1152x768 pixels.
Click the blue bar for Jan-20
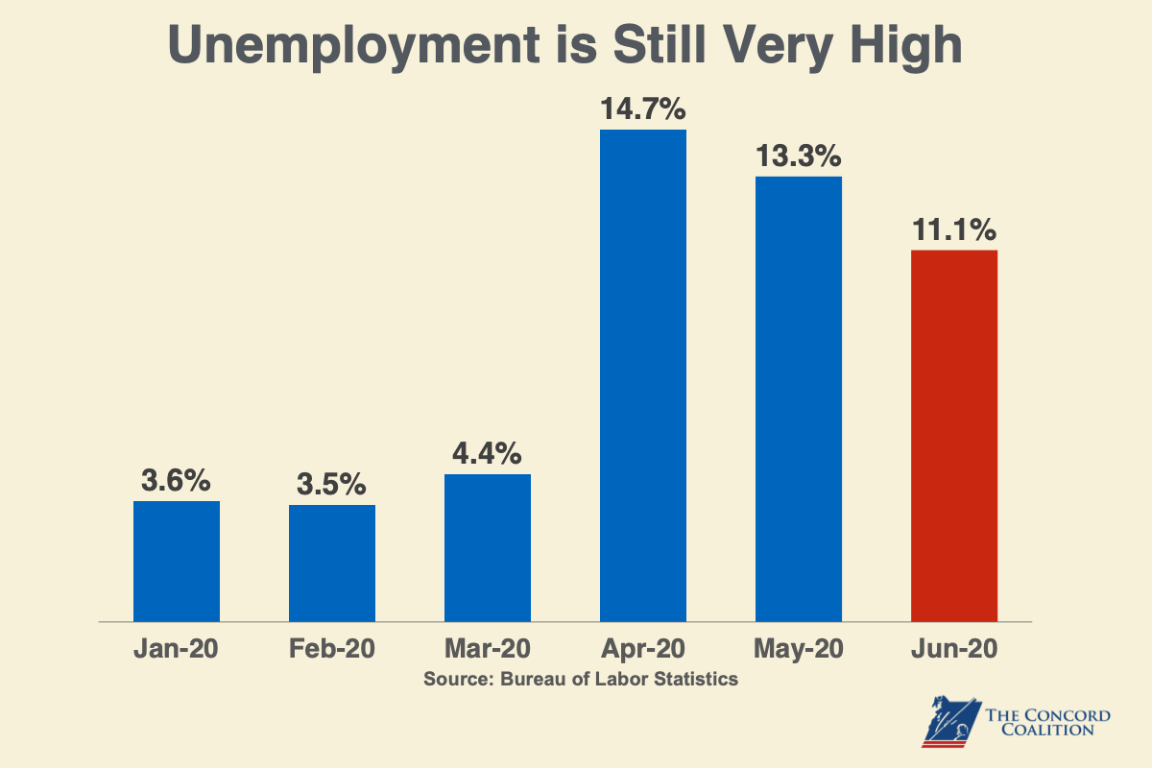(177, 561)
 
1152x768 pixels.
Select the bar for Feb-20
(332, 563)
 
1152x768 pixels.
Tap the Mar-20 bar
(488, 547)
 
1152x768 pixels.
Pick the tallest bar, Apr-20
(643, 374)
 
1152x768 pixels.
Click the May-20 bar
(799, 398)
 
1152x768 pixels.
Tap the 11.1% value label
(954, 230)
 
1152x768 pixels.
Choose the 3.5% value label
(332, 485)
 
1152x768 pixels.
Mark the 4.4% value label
(488, 454)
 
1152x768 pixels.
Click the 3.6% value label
(177, 481)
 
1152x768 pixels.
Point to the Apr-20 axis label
(643, 649)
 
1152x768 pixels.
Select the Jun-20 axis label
(954, 649)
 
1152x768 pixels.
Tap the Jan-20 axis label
(177, 649)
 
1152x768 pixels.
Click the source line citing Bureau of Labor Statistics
(581, 679)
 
